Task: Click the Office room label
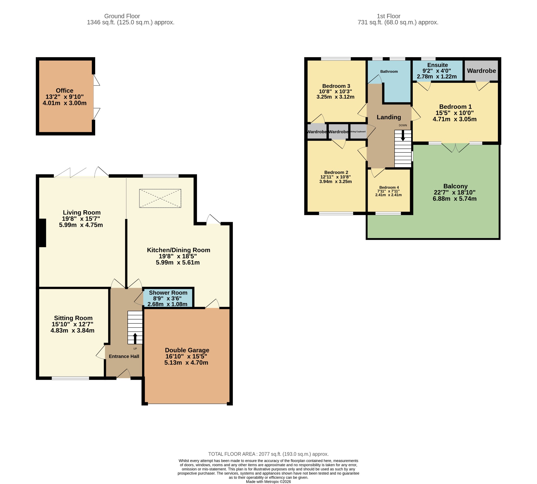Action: (65, 90)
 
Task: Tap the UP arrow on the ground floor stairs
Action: (135, 338)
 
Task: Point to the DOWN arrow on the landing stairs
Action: (403, 135)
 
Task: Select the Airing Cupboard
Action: (358, 132)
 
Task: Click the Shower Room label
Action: (168, 293)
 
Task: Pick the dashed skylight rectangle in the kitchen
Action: (160, 198)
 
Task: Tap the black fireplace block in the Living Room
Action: (42, 233)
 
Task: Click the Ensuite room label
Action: (437, 65)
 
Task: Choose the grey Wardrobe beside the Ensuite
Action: (481, 71)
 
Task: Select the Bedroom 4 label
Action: (389, 187)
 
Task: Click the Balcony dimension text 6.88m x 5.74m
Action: (454, 199)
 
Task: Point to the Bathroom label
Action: (389, 71)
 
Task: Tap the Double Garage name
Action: (187, 350)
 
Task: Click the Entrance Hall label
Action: (124, 356)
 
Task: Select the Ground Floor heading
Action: (122, 16)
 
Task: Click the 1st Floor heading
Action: (388, 16)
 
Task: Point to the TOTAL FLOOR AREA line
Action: (268, 454)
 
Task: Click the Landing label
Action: (389, 117)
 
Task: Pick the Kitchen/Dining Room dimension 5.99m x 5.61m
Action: (178, 262)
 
